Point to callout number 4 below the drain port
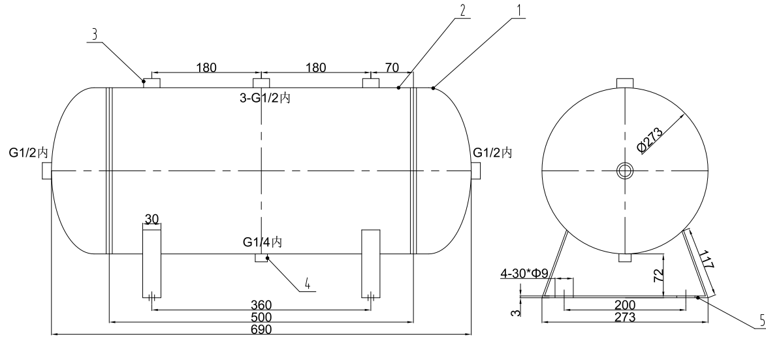pos(307,285)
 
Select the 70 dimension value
pos(392,67)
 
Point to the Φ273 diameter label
pos(651,140)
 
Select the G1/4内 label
pos(262,242)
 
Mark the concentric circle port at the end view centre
pos(625,171)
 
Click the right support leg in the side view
pos(371,263)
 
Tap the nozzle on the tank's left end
pos(46,171)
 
